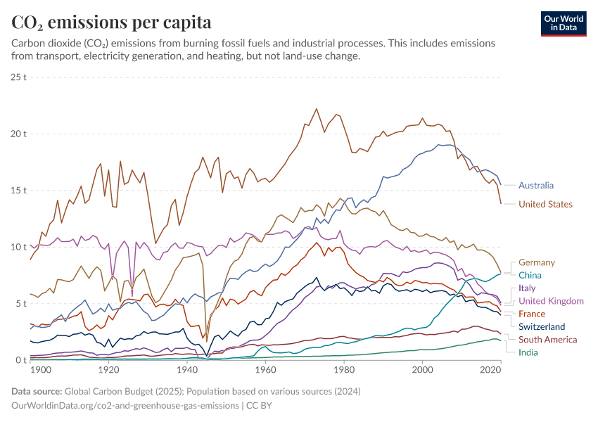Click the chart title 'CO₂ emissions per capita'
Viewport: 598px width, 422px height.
[x=111, y=23]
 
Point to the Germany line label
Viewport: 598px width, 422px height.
[x=537, y=262]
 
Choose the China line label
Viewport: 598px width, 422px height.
[x=530, y=275]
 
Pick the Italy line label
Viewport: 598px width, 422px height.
[x=527, y=288]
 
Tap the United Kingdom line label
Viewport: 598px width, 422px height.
[x=551, y=301]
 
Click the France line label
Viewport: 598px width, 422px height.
[x=531, y=314]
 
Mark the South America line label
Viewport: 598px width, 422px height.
[x=547, y=339]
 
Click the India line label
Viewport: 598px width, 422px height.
[x=528, y=352]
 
